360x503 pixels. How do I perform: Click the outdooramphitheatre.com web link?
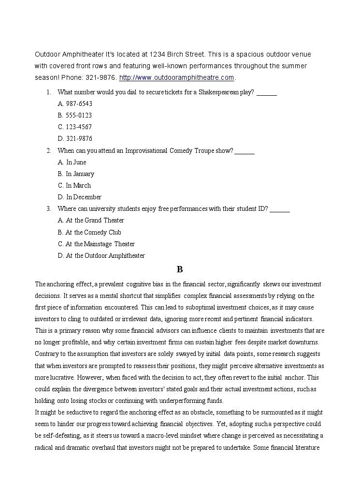176,77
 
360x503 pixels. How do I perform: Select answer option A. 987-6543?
75,104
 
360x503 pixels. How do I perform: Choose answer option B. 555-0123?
75,115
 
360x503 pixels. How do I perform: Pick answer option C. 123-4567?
75,127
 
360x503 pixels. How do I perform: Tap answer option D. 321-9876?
75,138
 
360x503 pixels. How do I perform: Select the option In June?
72,162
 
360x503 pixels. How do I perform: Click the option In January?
76,174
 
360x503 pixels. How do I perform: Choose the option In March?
74,185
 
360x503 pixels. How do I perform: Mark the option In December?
80,197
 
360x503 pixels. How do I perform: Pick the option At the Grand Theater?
91,220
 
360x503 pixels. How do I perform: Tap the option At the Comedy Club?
89,232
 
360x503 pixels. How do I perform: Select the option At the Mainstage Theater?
96,244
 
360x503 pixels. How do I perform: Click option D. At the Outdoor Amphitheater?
101,255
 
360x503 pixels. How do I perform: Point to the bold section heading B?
180,269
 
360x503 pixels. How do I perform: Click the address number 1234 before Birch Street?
159,54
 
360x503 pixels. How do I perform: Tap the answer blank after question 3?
280,209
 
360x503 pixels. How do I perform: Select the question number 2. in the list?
49,150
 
